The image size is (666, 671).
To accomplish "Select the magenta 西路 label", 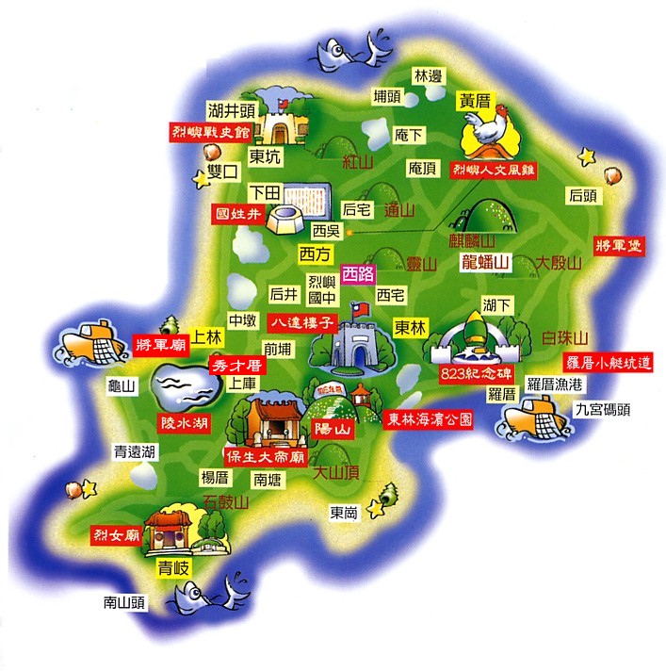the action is [x=358, y=274].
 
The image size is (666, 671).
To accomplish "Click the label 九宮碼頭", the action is [x=599, y=409].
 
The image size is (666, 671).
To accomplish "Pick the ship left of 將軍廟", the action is [x=90, y=341].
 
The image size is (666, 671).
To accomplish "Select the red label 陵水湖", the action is [x=184, y=423].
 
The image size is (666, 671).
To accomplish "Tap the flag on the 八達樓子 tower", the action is [x=355, y=309].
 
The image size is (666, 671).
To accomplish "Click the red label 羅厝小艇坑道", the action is [x=608, y=362].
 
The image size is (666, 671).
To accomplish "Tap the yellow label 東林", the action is [x=412, y=327].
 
